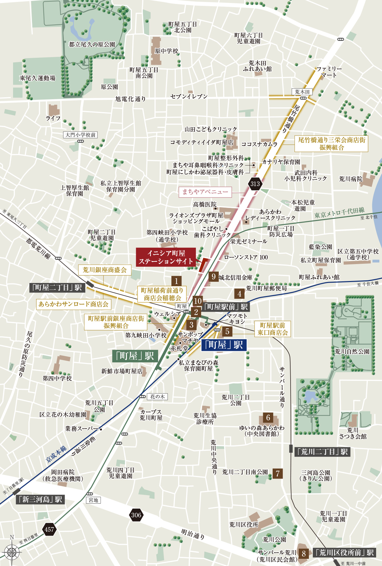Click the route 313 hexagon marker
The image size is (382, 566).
pos(255,184)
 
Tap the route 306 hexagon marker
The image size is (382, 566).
pos(136,515)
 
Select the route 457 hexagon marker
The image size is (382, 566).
pos(49,529)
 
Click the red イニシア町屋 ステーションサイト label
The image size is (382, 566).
pos(166,257)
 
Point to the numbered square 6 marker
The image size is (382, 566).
pos(268,417)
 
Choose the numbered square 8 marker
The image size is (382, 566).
pos(304,554)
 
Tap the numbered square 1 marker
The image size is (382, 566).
pos(176,281)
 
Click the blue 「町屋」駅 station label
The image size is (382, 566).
pos(224,345)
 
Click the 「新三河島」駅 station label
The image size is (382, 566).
pos(40,499)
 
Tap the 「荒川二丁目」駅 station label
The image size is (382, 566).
pos(322,452)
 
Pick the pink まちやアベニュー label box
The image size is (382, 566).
pos(205,192)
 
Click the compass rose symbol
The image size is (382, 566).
pos(12,552)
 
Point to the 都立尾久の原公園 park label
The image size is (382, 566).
pos(92,44)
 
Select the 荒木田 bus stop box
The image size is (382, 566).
pos(302,92)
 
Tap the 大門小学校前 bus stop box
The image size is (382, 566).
pos(80,135)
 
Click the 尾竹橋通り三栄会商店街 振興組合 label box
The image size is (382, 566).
pos(331,144)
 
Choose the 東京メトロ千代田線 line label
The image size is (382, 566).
pos(339,213)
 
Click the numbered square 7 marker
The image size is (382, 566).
pos(278,473)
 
